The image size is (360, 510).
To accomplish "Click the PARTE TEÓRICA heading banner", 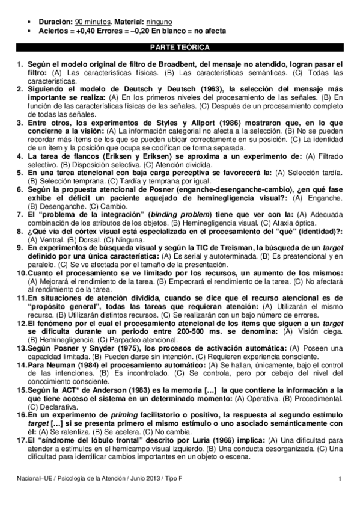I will pos(180,46).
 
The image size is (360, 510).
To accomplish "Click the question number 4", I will pos(19,156).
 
